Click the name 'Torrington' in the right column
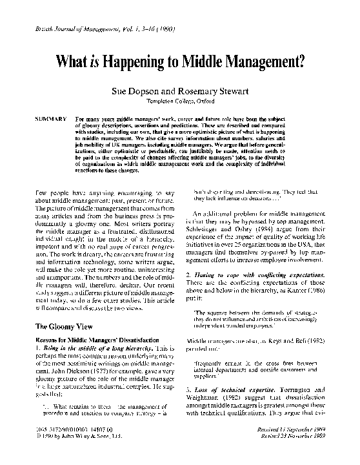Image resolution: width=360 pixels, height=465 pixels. pyautogui.click(x=309, y=390)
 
